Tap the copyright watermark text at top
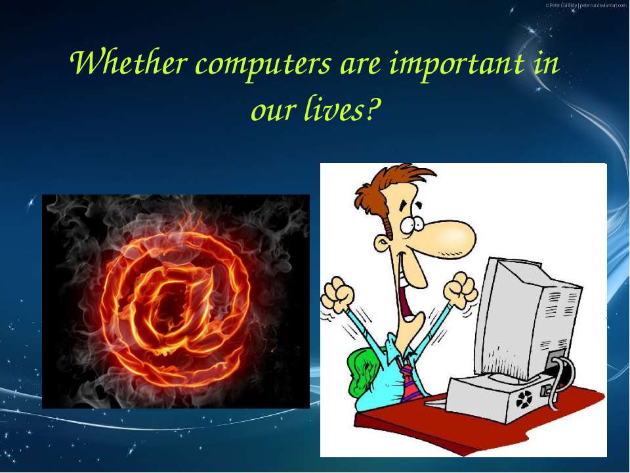tap(586, 5)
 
